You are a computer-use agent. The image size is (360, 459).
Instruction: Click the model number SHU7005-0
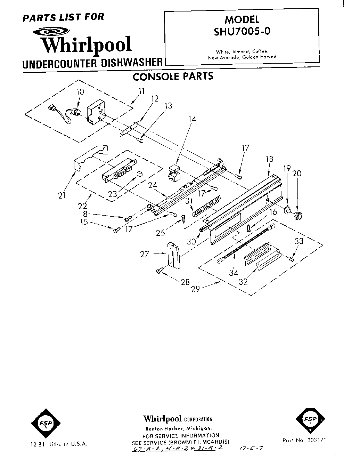click(x=242, y=32)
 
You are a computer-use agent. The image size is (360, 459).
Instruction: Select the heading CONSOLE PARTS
click(x=173, y=76)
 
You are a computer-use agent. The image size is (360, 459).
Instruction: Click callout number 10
click(x=80, y=92)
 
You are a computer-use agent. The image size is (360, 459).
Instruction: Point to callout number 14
click(x=192, y=119)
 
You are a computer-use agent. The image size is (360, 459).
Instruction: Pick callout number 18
click(x=269, y=159)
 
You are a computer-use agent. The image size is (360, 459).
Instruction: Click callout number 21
click(x=62, y=195)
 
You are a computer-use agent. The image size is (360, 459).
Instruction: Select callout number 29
click(x=195, y=288)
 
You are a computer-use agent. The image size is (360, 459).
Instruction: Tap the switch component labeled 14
click(x=174, y=173)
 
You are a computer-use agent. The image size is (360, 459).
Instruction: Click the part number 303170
click(x=316, y=440)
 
